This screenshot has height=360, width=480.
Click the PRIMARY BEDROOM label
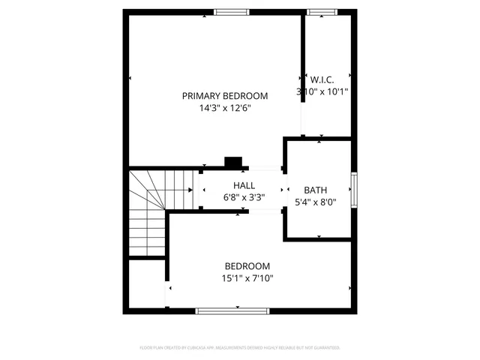(225, 95)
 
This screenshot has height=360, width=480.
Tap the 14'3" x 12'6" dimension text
(225, 108)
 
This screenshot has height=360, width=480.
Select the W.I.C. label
(322, 79)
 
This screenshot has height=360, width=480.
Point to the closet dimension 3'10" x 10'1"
(322, 91)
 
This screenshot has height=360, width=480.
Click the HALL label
(244, 185)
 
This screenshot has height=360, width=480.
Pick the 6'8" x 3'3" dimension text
(244, 198)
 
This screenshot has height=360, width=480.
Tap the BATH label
(315, 190)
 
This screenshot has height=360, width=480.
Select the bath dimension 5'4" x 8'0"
(315, 202)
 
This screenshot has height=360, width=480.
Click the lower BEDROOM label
(247, 266)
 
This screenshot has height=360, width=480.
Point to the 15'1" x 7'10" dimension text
(247, 279)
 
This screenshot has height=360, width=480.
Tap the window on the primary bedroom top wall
(231, 11)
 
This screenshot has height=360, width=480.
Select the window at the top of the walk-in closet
(321, 11)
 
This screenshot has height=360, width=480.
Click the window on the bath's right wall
(354, 189)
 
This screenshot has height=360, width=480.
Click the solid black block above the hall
(234, 161)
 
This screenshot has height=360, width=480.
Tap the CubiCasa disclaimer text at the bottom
(240, 348)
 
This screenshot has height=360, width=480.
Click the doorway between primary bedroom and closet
(303, 112)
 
